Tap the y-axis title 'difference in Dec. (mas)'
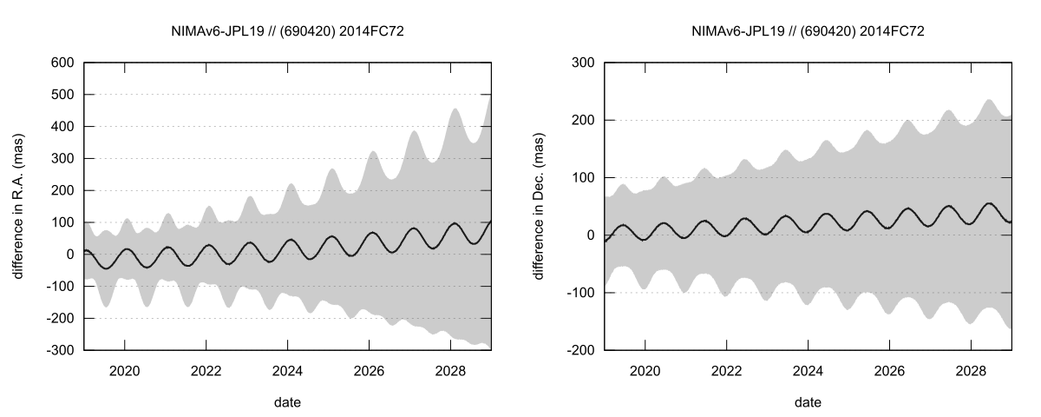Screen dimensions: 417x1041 [x=538, y=206]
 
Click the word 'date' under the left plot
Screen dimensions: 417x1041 [x=287, y=402]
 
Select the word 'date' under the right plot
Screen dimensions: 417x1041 [x=808, y=402]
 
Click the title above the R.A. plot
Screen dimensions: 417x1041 [x=287, y=31]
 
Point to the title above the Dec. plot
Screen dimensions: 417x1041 [x=808, y=31]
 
